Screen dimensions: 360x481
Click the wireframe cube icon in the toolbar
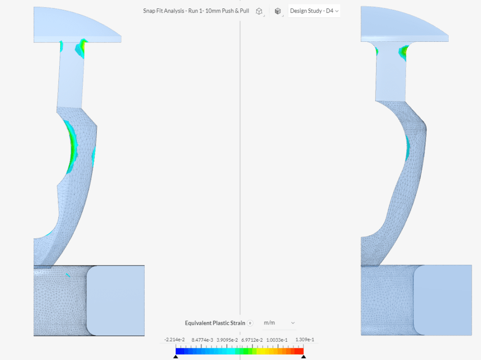[259, 11]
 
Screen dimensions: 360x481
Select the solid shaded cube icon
[278, 11]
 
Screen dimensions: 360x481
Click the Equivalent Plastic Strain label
[215, 323]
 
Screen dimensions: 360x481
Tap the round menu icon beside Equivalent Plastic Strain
[250, 323]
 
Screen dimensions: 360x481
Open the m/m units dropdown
[279, 323]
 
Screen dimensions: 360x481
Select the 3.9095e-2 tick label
[227, 340]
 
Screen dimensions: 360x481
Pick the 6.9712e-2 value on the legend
[252, 340]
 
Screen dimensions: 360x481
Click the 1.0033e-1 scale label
[276, 340]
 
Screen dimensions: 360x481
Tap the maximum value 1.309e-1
[305, 340]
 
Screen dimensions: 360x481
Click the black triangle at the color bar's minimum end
[176, 357]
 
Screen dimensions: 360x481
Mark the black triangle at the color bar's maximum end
[303, 357]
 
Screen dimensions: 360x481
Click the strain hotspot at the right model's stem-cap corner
[403, 53]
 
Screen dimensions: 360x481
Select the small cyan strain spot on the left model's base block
[68, 274]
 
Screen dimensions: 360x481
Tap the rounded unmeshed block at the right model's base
[442, 300]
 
